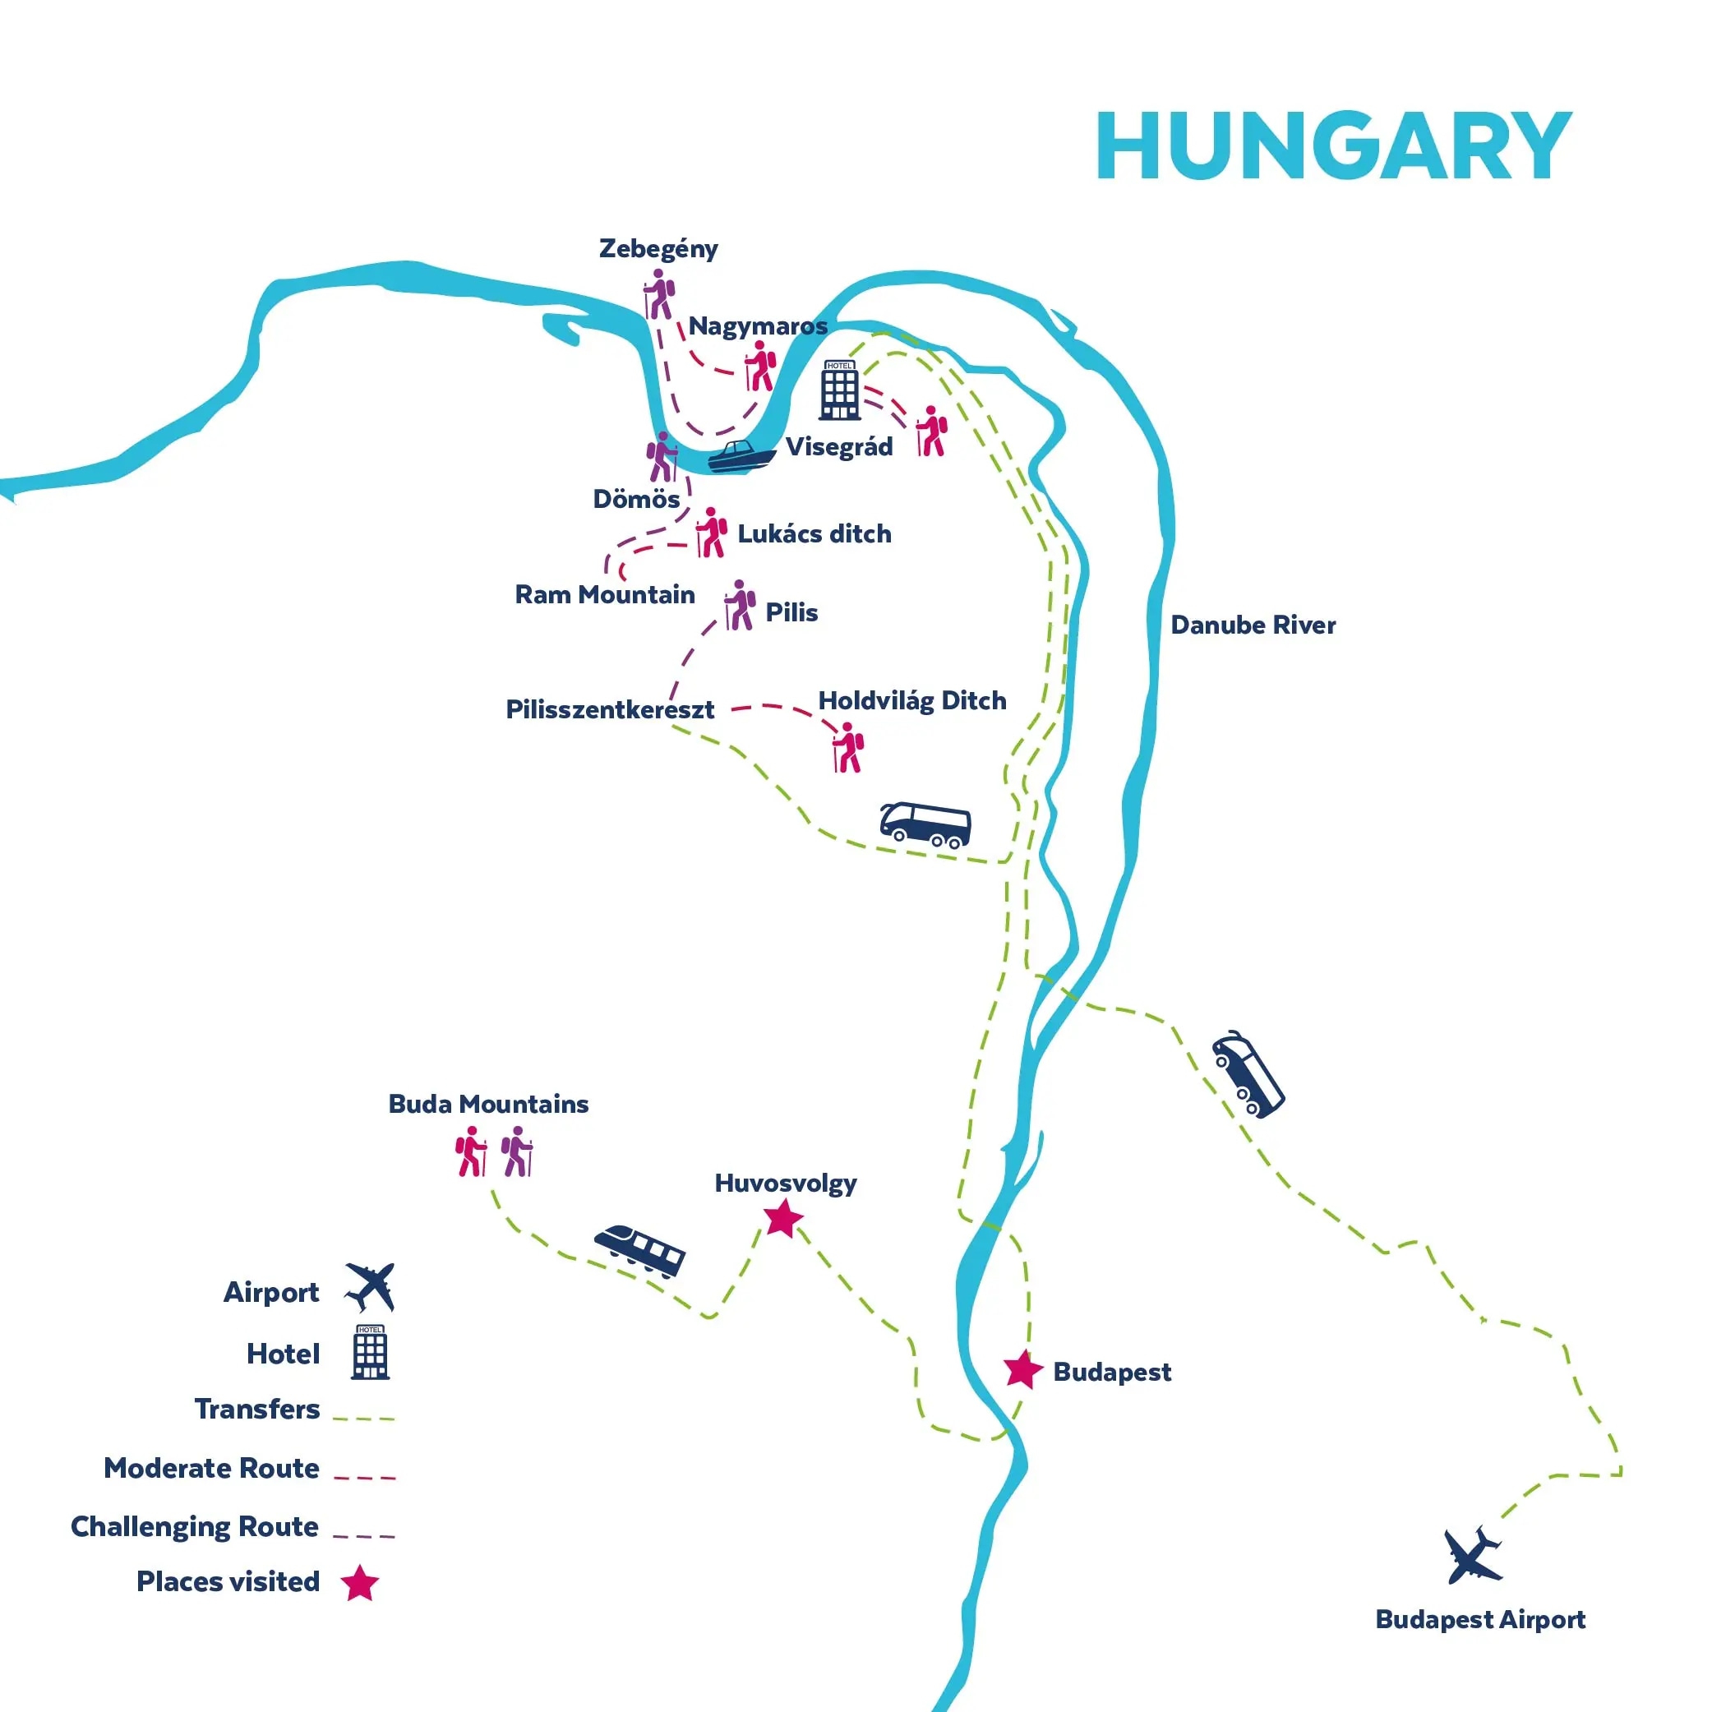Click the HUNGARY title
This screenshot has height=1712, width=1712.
(x=1334, y=146)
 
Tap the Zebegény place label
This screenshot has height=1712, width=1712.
(x=658, y=249)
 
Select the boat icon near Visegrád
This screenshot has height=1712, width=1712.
(x=741, y=456)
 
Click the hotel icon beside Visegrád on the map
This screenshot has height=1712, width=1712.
(x=839, y=390)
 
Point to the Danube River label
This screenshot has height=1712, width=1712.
(x=1252, y=625)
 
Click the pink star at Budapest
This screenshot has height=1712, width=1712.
(x=1022, y=1370)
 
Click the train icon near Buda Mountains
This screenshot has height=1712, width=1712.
(x=639, y=1250)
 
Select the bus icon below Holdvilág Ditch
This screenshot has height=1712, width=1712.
(x=925, y=824)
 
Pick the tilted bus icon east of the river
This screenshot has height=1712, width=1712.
(x=1248, y=1074)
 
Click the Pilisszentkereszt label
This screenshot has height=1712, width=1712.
(x=610, y=710)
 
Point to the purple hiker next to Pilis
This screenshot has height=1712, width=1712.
(x=740, y=605)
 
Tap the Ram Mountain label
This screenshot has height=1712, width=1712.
(x=604, y=594)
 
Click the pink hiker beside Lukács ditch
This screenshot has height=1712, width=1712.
(x=712, y=533)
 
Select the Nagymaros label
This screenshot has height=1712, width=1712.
(x=758, y=326)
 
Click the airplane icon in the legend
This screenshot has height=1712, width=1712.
(x=371, y=1288)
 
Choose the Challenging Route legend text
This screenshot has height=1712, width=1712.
(x=194, y=1527)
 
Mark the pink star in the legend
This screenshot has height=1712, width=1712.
(x=360, y=1583)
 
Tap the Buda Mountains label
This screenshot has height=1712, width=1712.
(x=488, y=1104)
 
